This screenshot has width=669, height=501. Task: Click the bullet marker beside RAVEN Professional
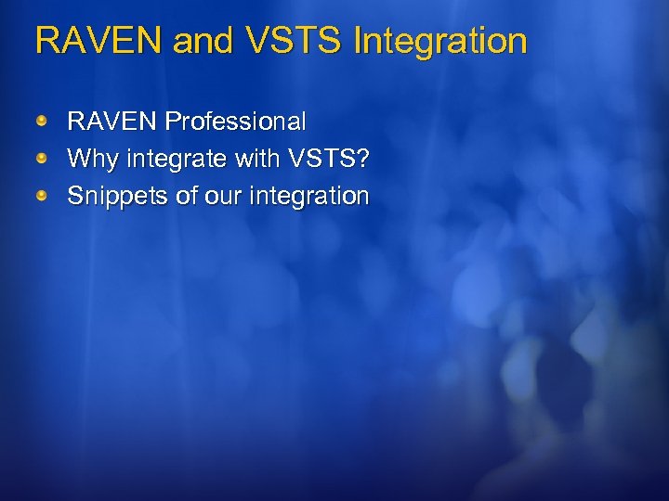[x=42, y=121]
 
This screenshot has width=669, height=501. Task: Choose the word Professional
[x=235, y=122]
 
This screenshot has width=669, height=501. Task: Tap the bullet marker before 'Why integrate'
[x=42, y=158]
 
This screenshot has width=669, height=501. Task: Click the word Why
[x=93, y=160]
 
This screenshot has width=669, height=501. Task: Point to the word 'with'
[x=256, y=159]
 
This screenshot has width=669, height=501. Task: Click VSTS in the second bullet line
[x=320, y=159]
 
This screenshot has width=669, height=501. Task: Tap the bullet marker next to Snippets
[x=42, y=195]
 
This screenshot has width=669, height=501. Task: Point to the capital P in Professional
[x=173, y=122]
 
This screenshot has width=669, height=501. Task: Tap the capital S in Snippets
[x=75, y=196]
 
